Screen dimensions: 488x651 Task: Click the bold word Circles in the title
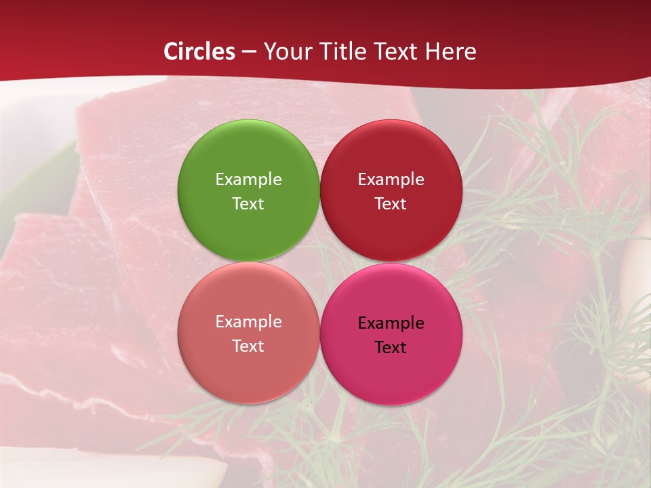(199, 52)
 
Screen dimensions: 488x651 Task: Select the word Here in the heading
(452, 52)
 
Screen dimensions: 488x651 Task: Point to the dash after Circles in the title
(249, 52)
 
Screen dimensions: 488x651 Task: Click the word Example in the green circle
(248, 179)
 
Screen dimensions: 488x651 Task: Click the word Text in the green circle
(248, 203)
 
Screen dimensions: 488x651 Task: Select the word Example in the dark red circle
(391, 179)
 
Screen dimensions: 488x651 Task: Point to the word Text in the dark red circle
(391, 203)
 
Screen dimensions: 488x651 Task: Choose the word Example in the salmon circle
(248, 321)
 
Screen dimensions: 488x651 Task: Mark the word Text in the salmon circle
(248, 346)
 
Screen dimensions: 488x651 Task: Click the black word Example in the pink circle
(391, 323)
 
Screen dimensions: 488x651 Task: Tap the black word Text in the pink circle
(391, 347)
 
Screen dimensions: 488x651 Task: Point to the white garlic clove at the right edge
(637, 271)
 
